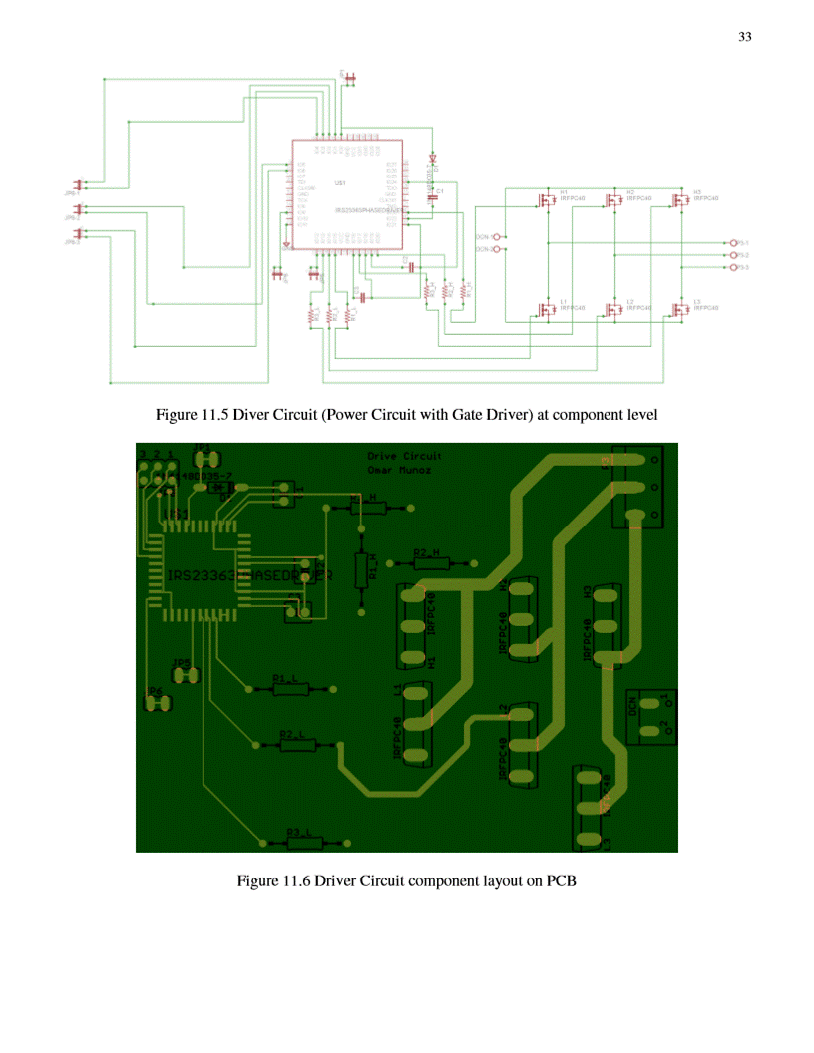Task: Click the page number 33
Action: click(744, 37)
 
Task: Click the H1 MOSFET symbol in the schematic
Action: click(547, 199)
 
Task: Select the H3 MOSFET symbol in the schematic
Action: click(681, 199)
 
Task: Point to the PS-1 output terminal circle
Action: click(734, 243)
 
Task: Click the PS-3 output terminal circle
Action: click(734, 268)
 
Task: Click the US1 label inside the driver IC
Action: click(340, 183)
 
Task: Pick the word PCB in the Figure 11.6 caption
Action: click(562, 881)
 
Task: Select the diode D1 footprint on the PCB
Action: click(225, 488)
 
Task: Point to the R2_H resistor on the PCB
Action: click(430, 562)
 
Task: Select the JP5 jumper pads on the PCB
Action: click(185, 675)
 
